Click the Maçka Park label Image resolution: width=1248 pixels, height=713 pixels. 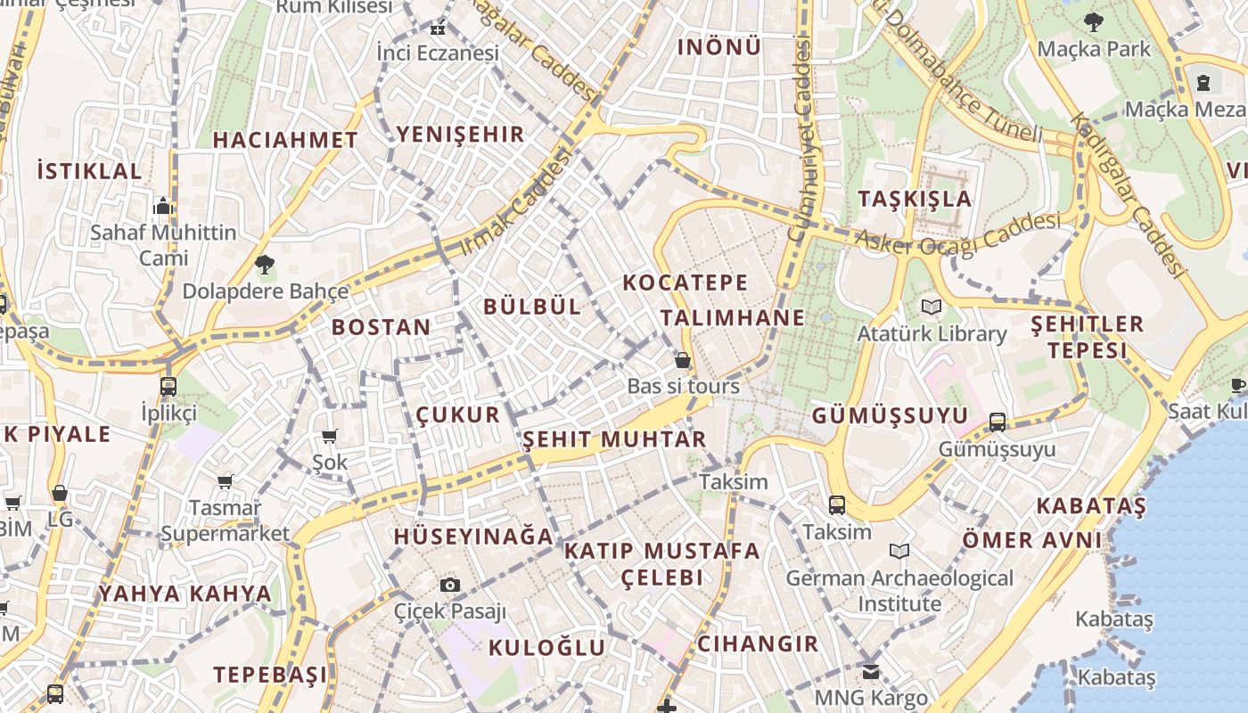[x=1094, y=48]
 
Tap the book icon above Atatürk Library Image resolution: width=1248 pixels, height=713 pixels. [x=932, y=307]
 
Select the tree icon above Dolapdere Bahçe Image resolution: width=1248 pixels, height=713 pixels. [x=264, y=264]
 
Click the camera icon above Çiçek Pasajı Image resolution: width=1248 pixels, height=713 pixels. [x=450, y=585]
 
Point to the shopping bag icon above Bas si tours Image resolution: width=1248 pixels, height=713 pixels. [x=683, y=360]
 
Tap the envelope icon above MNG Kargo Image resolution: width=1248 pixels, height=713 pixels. [x=871, y=671]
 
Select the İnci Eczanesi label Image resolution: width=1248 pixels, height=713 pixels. [x=437, y=53]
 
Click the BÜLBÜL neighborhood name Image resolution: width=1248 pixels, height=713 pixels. [x=532, y=307]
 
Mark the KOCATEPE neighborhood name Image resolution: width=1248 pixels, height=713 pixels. [x=686, y=283]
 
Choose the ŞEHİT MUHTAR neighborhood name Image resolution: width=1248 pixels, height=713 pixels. [x=614, y=439]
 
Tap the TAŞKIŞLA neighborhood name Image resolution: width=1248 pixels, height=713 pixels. [x=915, y=199]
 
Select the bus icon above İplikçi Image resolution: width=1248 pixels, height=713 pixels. [x=168, y=386]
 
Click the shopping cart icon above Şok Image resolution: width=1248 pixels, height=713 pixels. [x=330, y=436]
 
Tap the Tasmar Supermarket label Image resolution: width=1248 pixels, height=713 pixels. [x=225, y=520]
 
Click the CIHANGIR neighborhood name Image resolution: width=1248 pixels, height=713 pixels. [x=758, y=643]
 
